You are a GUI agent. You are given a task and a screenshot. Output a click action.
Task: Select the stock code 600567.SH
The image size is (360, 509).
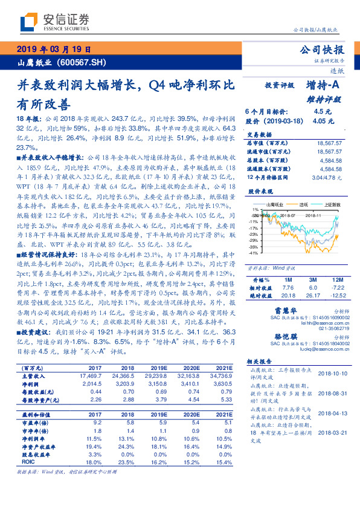point(81,62)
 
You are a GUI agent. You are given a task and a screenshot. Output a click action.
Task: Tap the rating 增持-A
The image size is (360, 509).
point(324,86)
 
